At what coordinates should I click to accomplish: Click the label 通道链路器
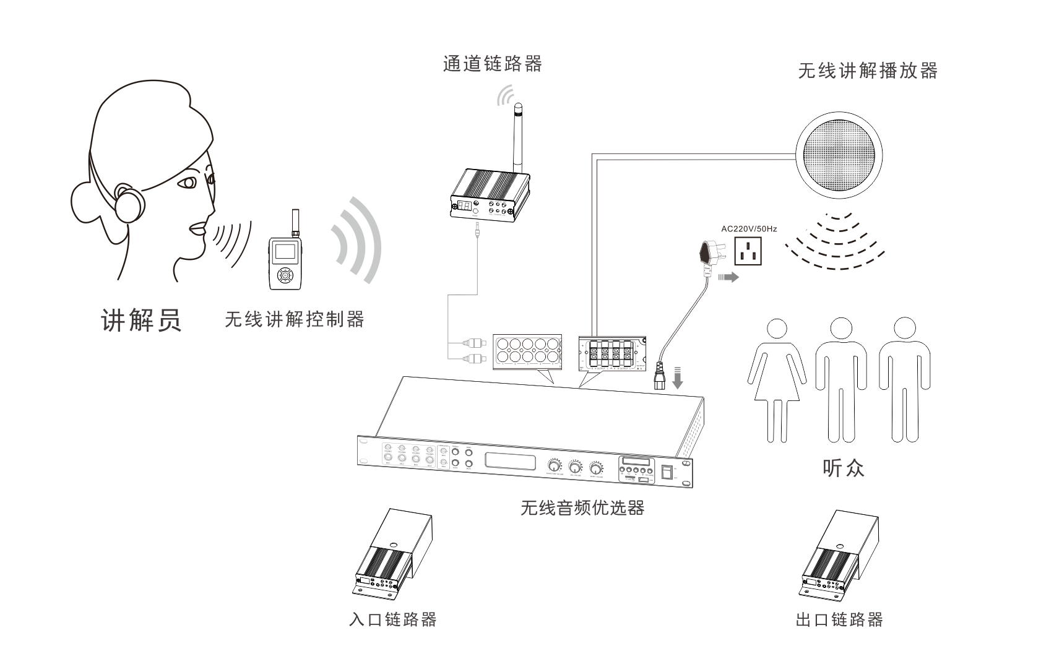[492, 64]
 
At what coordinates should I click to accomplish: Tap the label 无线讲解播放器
[868, 71]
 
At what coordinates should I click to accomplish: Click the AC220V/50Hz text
[749, 228]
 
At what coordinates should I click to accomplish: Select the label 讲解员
[141, 320]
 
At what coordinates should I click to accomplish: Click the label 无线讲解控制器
[294, 319]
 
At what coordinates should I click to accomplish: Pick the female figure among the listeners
[776, 378]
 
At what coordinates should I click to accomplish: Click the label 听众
[843, 468]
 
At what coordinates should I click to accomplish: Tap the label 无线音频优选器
[582, 508]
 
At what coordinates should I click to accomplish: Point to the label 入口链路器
[393, 619]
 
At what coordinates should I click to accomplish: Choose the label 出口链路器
[839, 619]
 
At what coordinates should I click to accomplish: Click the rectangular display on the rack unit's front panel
[509, 462]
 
